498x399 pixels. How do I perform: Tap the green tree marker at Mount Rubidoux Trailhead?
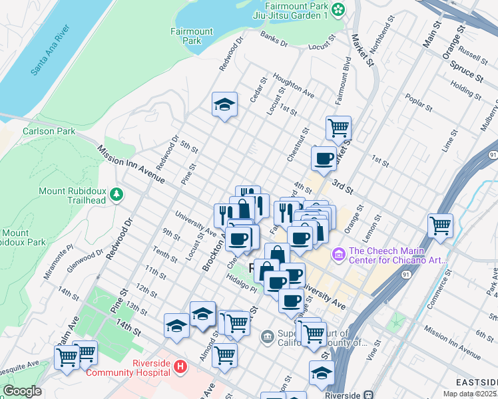[x=117, y=194]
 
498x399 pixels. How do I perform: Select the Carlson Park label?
[x=49, y=131]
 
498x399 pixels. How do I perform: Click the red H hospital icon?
[x=179, y=366]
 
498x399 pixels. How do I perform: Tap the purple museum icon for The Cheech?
[x=338, y=253]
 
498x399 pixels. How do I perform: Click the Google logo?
[x=22, y=391]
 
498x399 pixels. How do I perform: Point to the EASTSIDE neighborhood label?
[x=475, y=382]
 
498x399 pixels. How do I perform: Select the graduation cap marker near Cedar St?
[x=225, y=104]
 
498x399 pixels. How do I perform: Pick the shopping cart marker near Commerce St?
[x=440, y=225]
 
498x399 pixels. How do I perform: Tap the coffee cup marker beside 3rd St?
[x=324, y=158]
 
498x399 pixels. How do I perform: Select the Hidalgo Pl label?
[x=240, y=285]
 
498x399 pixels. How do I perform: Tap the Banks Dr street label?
[x=274, y=39]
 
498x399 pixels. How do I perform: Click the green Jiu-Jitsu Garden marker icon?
[x=339, y=9]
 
